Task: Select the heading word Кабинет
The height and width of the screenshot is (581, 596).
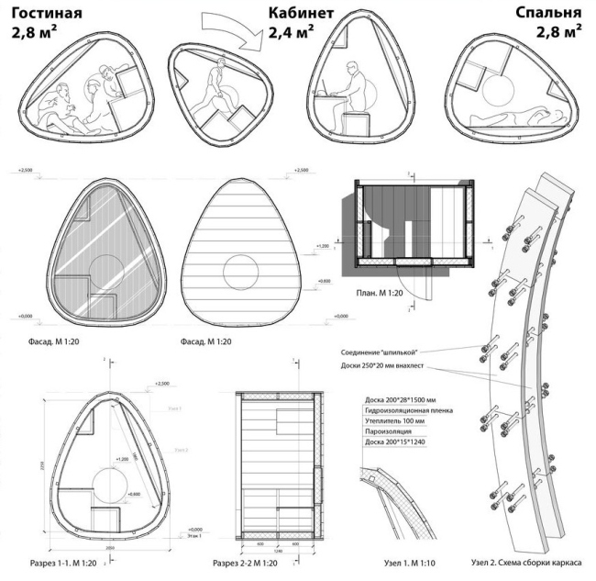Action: pos(301,15)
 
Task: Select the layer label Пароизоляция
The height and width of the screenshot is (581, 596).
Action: pos(386,430)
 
